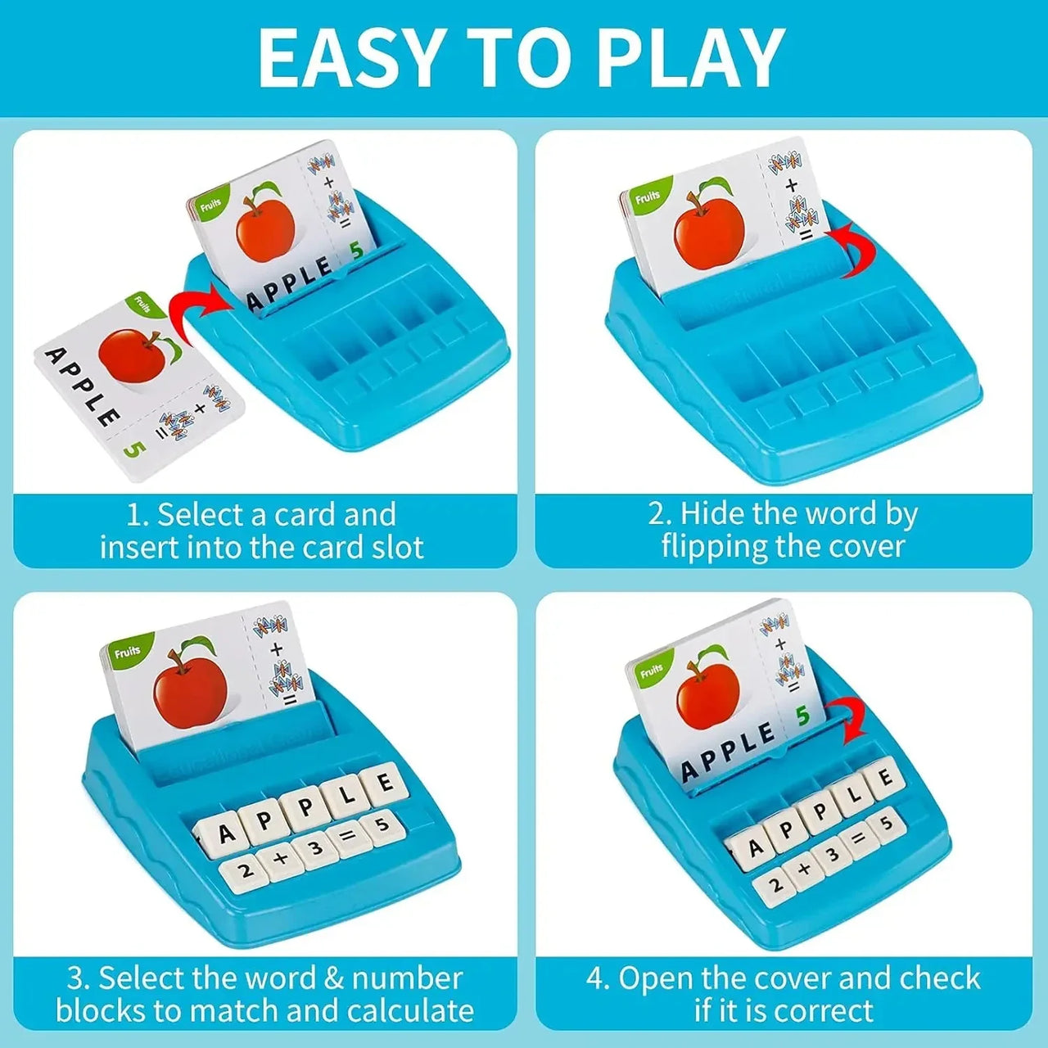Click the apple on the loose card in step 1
tap(134, 355)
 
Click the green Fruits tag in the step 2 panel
tap(648, 197)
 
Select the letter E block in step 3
tap(382, 785)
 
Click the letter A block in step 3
tap(225, 833)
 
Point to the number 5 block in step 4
tap(886, 823)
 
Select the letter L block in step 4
tap(853, 793)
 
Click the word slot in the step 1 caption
tap(397, 547)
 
